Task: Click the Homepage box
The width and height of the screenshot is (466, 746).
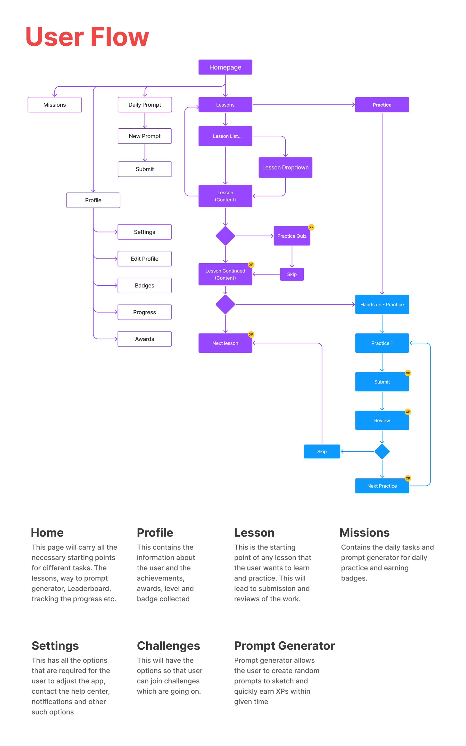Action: [225, 67]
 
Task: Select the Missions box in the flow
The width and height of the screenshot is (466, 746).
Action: [55, 105]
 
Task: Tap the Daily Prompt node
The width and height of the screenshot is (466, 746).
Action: [145, 105]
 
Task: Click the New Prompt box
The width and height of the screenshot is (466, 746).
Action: [145, 136]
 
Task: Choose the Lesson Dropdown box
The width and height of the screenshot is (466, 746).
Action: [285, 167]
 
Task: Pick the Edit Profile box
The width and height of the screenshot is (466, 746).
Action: [145, 258]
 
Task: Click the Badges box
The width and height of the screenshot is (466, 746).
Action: [145, 285]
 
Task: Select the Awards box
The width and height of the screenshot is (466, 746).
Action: [145, 339]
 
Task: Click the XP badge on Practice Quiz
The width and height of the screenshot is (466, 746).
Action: [311, 227]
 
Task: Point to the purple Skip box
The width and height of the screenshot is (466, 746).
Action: [292, 274]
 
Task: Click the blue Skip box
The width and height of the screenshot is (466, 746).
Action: [322, 451]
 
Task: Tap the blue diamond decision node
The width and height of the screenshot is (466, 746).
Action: [382, 451]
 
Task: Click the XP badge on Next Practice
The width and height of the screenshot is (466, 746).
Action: [408, 478]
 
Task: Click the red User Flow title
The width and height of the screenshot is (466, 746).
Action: [87, 37]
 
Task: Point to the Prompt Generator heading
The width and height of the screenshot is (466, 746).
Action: [284, 646]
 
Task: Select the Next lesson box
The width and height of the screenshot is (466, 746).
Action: [225, 343]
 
